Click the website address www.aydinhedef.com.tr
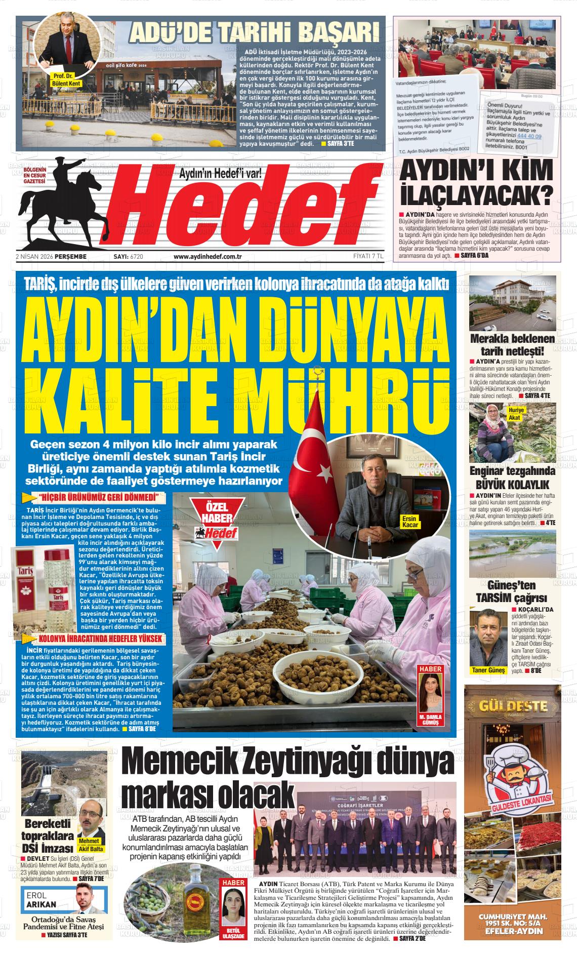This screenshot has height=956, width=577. pyautogui.click(x=207, y=257)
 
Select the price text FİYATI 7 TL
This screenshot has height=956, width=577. pyautogui.click(x=368, y=257)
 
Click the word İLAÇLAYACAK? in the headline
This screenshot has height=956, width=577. pyautogui.click(x=476, y=194)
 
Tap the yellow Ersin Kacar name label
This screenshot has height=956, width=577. pyautogui.click(x=409, y=522)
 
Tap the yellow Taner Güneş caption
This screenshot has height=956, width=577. pyautogui.click(x=488, y=670)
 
